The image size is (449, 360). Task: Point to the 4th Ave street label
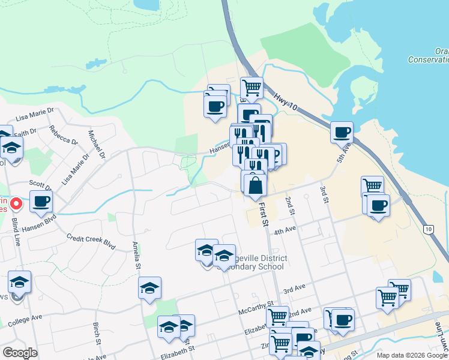pyautogui.click(x=285, y=231)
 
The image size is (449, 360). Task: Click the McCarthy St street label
pyautogui.click(x=256, y=308)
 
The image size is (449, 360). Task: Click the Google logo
pyautogui.click(x=20, y=353)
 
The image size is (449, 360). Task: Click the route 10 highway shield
pyautogui.click(x=428, y=229)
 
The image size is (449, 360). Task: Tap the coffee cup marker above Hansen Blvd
pyautogui.click(x=41, y=202)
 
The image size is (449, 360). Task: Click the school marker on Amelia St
pyautogui.click(x=149, y=288)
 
